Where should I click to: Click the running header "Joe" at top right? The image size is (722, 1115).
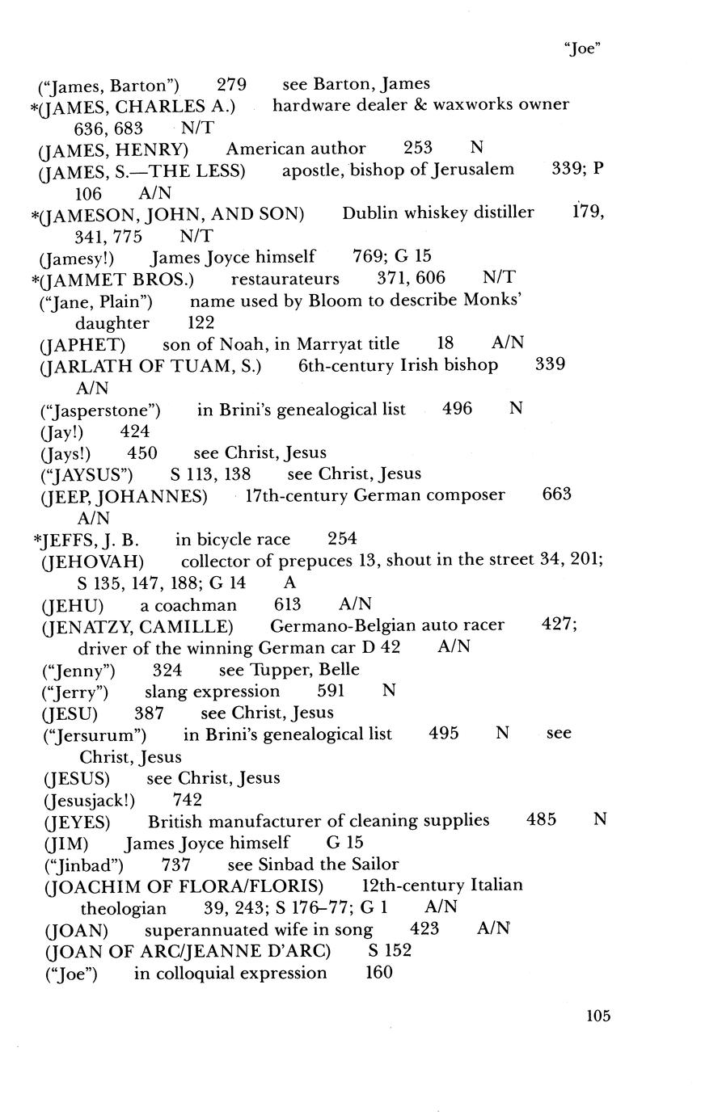tap(581, 48)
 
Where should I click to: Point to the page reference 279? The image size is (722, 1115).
tap(231, 84)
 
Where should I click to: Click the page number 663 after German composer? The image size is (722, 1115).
tap(556, 494)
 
